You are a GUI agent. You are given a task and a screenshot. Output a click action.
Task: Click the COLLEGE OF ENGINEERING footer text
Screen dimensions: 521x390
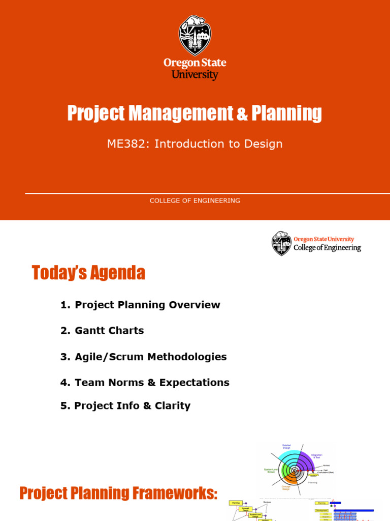(195, 200)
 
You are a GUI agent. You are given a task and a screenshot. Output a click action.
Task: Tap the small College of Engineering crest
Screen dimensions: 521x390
(281, 243)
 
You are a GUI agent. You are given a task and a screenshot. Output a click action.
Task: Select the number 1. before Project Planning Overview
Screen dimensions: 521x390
(65, 305)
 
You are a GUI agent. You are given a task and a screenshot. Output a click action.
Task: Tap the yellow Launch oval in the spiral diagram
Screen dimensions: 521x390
(313, 475)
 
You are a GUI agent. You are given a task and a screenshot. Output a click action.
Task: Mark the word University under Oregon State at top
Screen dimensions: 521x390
(195, 75)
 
